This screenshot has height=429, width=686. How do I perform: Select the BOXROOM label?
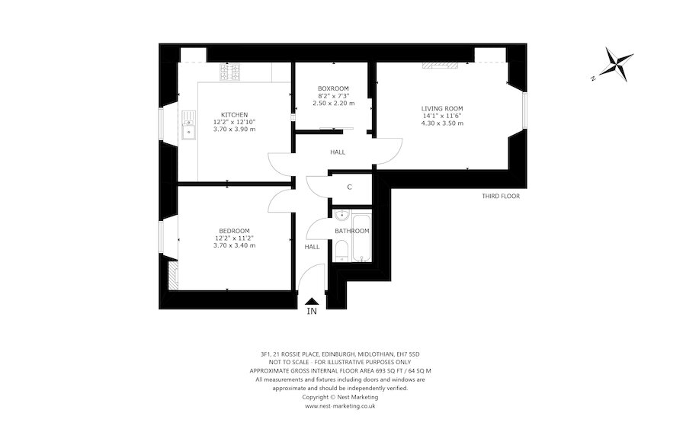(x=333, y=88)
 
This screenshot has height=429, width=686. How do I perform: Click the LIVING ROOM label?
(x=442, y=108)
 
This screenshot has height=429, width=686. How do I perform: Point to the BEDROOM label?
(x=234, y=231)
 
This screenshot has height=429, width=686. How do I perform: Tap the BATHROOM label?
(x=352, y=231)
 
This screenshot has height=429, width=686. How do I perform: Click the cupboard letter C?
(x=349, y=187)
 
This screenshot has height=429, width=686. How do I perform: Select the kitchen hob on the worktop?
(x=229, y=72)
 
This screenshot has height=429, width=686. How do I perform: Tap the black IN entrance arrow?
(x=311, y=303)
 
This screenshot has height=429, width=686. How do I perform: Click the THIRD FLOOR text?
(x=501, y=196)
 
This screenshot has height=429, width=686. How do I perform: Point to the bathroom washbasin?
(x=341, y=214)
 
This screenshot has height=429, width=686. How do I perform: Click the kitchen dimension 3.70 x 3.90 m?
(x=234, y=130)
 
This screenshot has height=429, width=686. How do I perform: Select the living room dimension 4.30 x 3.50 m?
(x=442, y=123)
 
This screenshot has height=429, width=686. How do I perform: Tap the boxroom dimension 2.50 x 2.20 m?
(x=333, y=103)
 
